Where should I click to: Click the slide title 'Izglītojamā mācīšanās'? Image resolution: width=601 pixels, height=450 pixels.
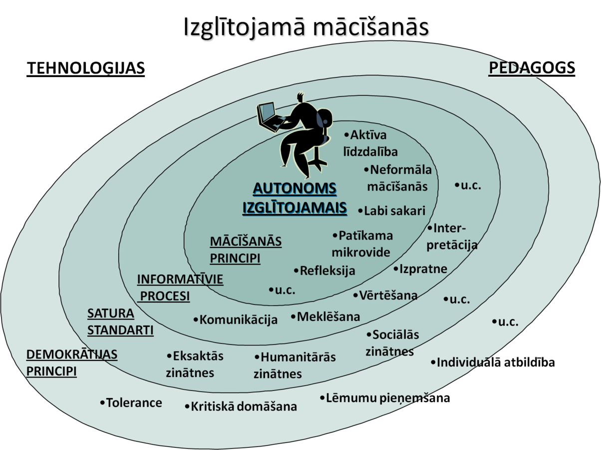pyautogui.click(x=306, y=28)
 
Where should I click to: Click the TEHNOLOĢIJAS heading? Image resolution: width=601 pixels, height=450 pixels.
pyautogui.click(x=85, y=68)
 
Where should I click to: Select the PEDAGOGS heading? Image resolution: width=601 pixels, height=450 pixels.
pyautogui.click(x=532, y=67)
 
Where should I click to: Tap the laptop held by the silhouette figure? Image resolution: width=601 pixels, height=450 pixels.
pyautogui.click(x=269, y=116)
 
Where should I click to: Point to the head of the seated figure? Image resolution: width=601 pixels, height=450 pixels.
pyautogui.click(x=301, y=100)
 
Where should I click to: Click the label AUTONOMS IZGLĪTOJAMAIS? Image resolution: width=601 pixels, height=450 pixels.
pyautogui.click(x=295, y=198)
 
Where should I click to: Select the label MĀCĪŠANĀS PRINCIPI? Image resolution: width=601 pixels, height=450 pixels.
pyautogui.click(x=246, y=249)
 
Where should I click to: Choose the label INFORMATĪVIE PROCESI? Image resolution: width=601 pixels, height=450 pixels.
pyautogui.click(x=180, y=287)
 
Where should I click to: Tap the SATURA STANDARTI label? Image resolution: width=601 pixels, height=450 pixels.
pyautogui.click(x=120, y=322)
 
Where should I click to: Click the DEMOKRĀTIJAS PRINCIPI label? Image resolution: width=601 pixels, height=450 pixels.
pyautogui.click(x=71, y=363)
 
